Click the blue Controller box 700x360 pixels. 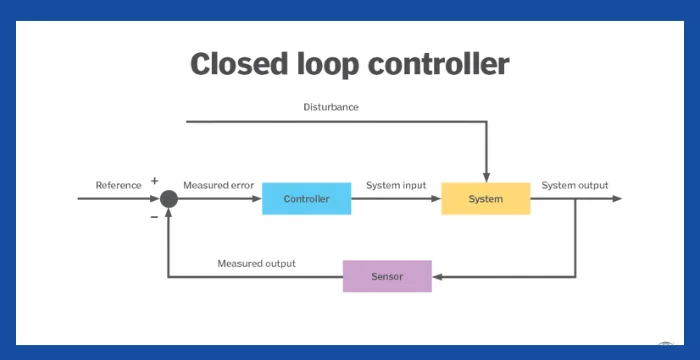[x=306, y=199]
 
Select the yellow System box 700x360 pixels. [x=485, y=199]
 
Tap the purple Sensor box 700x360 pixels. [x=387, y=276]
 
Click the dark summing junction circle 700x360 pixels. [x=169, y=199]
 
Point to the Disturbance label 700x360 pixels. [x=331, y=107]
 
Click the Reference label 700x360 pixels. [x=118, y=185]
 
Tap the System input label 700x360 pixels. [x=396, y=185]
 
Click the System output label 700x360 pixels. [x=574, y=185]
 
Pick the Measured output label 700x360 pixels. [x=256, y=264]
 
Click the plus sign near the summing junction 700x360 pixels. [x=154, y=181]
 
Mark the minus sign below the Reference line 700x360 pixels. [x=154, y=214]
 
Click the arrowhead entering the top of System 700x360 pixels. [x=485, y=177]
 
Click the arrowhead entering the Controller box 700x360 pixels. [x=256, y=199]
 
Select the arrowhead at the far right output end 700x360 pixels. [x=617, y=199]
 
